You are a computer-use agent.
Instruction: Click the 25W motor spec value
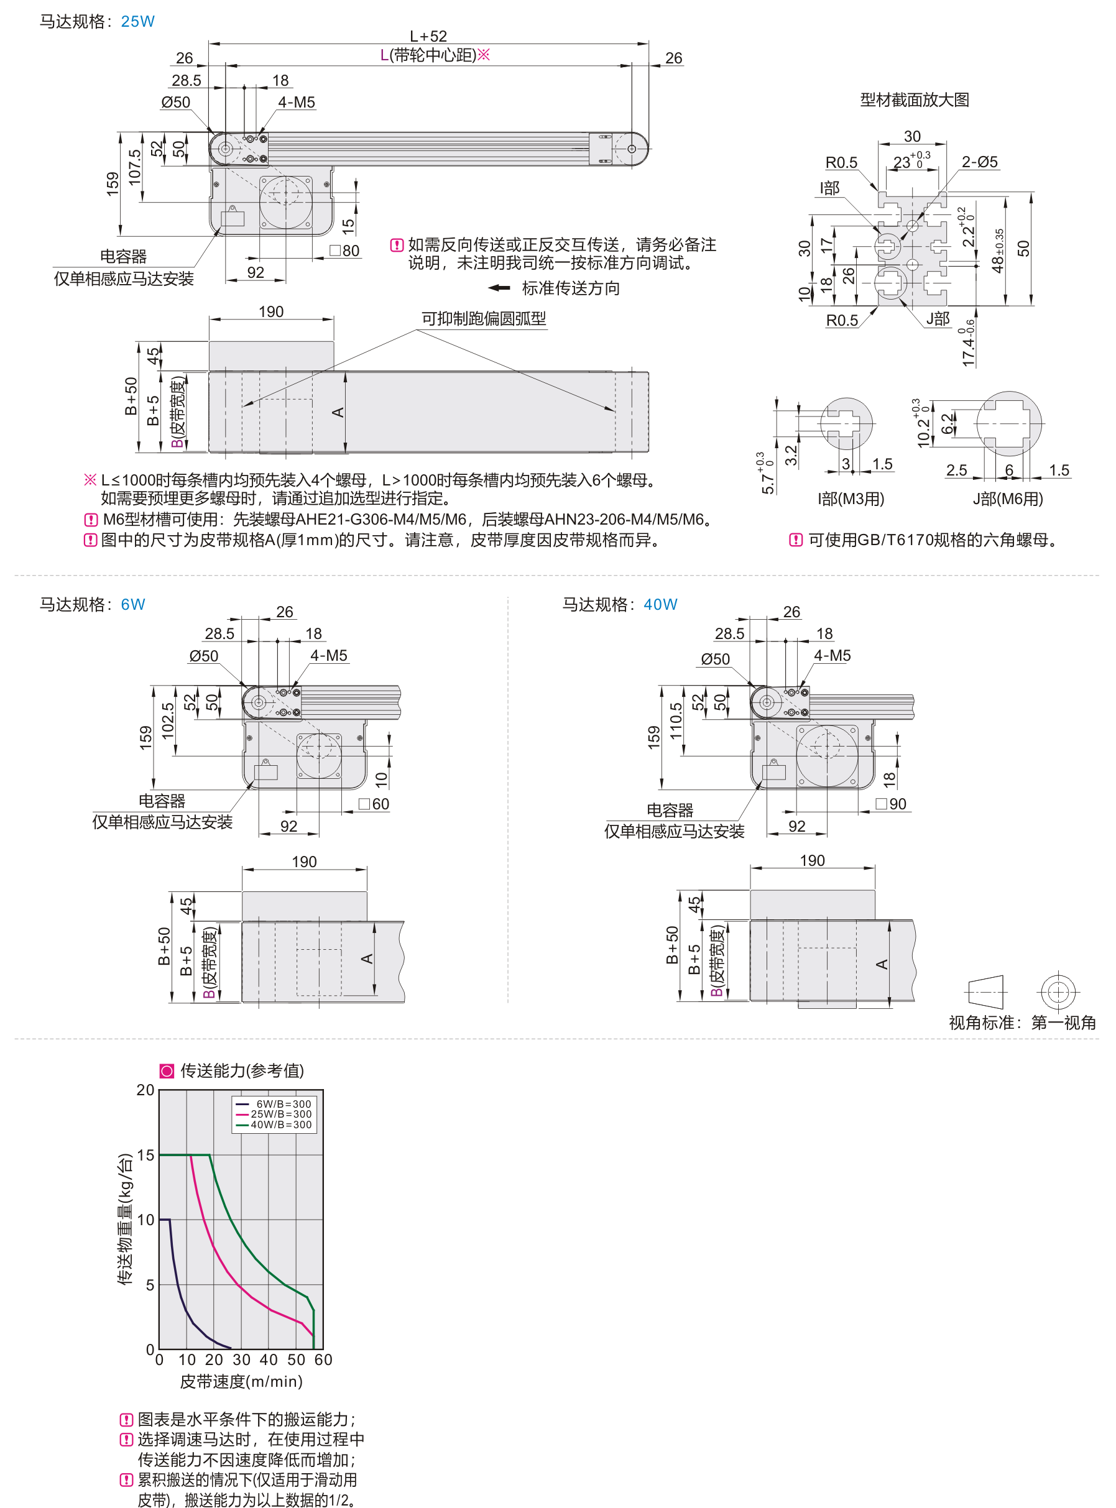click(x=138, y=22)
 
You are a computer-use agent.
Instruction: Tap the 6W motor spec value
click(x=133, y=604)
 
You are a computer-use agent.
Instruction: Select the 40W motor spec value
click(x=660, y=604)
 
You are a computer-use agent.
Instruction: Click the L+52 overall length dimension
click(x=428, y=37)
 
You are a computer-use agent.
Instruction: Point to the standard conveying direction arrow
click(x=499, y=288)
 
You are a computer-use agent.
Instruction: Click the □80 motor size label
click(x=344, y=251)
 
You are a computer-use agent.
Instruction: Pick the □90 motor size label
click(x=891, y=804)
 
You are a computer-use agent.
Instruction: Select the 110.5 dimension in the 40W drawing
click(x=676, y=720)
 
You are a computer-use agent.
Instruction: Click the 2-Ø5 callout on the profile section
click(x=980, y=162)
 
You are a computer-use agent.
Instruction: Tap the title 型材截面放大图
click(x=915, y=100)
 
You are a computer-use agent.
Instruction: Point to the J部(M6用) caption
click(x=1008, y=499)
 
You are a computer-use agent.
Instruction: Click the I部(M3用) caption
click(x=851, y=499)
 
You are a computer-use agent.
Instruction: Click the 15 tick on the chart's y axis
click(x=146, y=1155)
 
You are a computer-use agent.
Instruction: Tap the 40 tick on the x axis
click(x=268, y=1359)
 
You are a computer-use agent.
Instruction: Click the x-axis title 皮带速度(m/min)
click(x=241, y=1381)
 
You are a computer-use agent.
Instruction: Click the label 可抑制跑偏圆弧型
click(x=484, y=319)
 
